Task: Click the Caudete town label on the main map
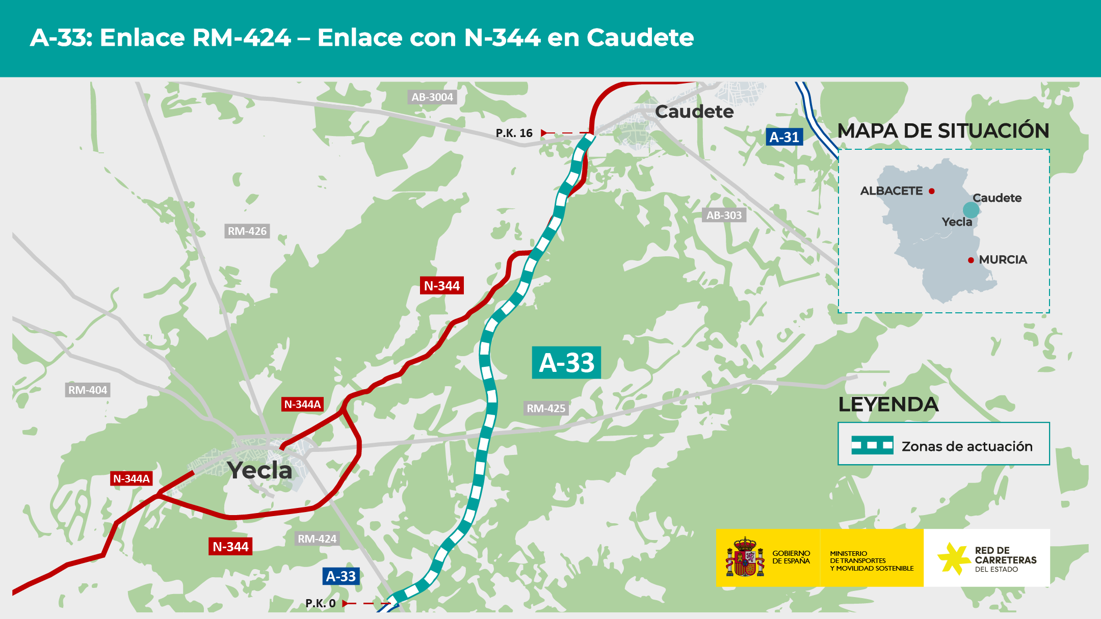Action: pyautogui.click(x=694, y=112)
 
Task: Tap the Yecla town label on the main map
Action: pyautogui.click(x=260, y=470)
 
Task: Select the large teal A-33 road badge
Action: pyautogui.click(x=566, y=363)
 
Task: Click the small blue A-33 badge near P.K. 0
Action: pyautogui.click(x=341, y=576)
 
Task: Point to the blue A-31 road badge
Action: pyautogui.click(x=784, y=137)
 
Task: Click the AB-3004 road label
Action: pyautogui.click(x=432, y=97)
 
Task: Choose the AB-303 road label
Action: pyautogui.click(x=724, y=215)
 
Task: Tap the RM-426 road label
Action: pyautogui.click(x=247, y=231)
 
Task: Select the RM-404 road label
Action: pyautogui.click(x=88, y=390)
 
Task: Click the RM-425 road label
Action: pyautogui.click(x=546, y=408)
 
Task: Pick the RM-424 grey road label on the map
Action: pyautogui.click(x=317, y=539)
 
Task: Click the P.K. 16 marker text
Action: pyautogui.click(x=514, y=133)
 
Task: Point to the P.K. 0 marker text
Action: pyautogui.click(x=321, y=603)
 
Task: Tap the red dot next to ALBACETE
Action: pyautogui.click(x=932, y=191)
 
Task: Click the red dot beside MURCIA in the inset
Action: pyautogui.click(x=971, y=260)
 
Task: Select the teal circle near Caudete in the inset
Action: pyautogui.click(x=971, y=210)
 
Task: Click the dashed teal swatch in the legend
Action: pyautogui.click(x=872, y=445)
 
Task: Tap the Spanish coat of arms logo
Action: pyautogui.click(x=745, y=557)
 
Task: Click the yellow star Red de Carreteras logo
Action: pyautogui.click(x=953, y=558)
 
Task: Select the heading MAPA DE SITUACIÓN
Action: pyautogui.click(x=943, y=131)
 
